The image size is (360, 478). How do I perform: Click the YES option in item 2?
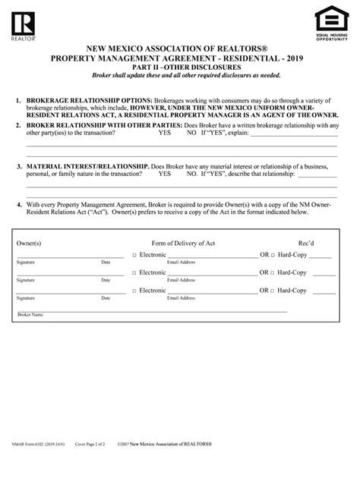tap(164, 132)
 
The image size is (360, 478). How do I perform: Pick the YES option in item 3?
tap(164, 173)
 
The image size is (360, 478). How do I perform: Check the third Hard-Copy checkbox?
tap(273, 291)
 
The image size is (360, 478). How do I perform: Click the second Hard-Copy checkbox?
tap(273, 272)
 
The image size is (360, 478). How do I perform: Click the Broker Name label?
tap(30, 314)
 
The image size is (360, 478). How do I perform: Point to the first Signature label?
tap(26, 262)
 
